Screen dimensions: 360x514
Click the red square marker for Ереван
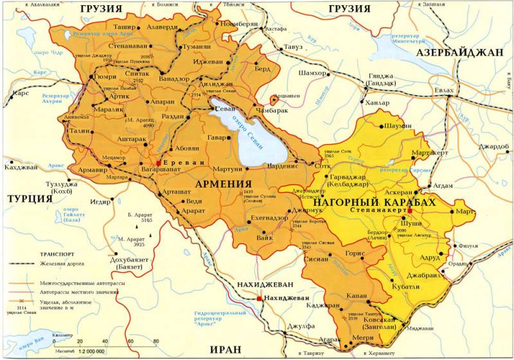[159, 163]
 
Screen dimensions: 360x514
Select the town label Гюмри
[105, 76]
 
